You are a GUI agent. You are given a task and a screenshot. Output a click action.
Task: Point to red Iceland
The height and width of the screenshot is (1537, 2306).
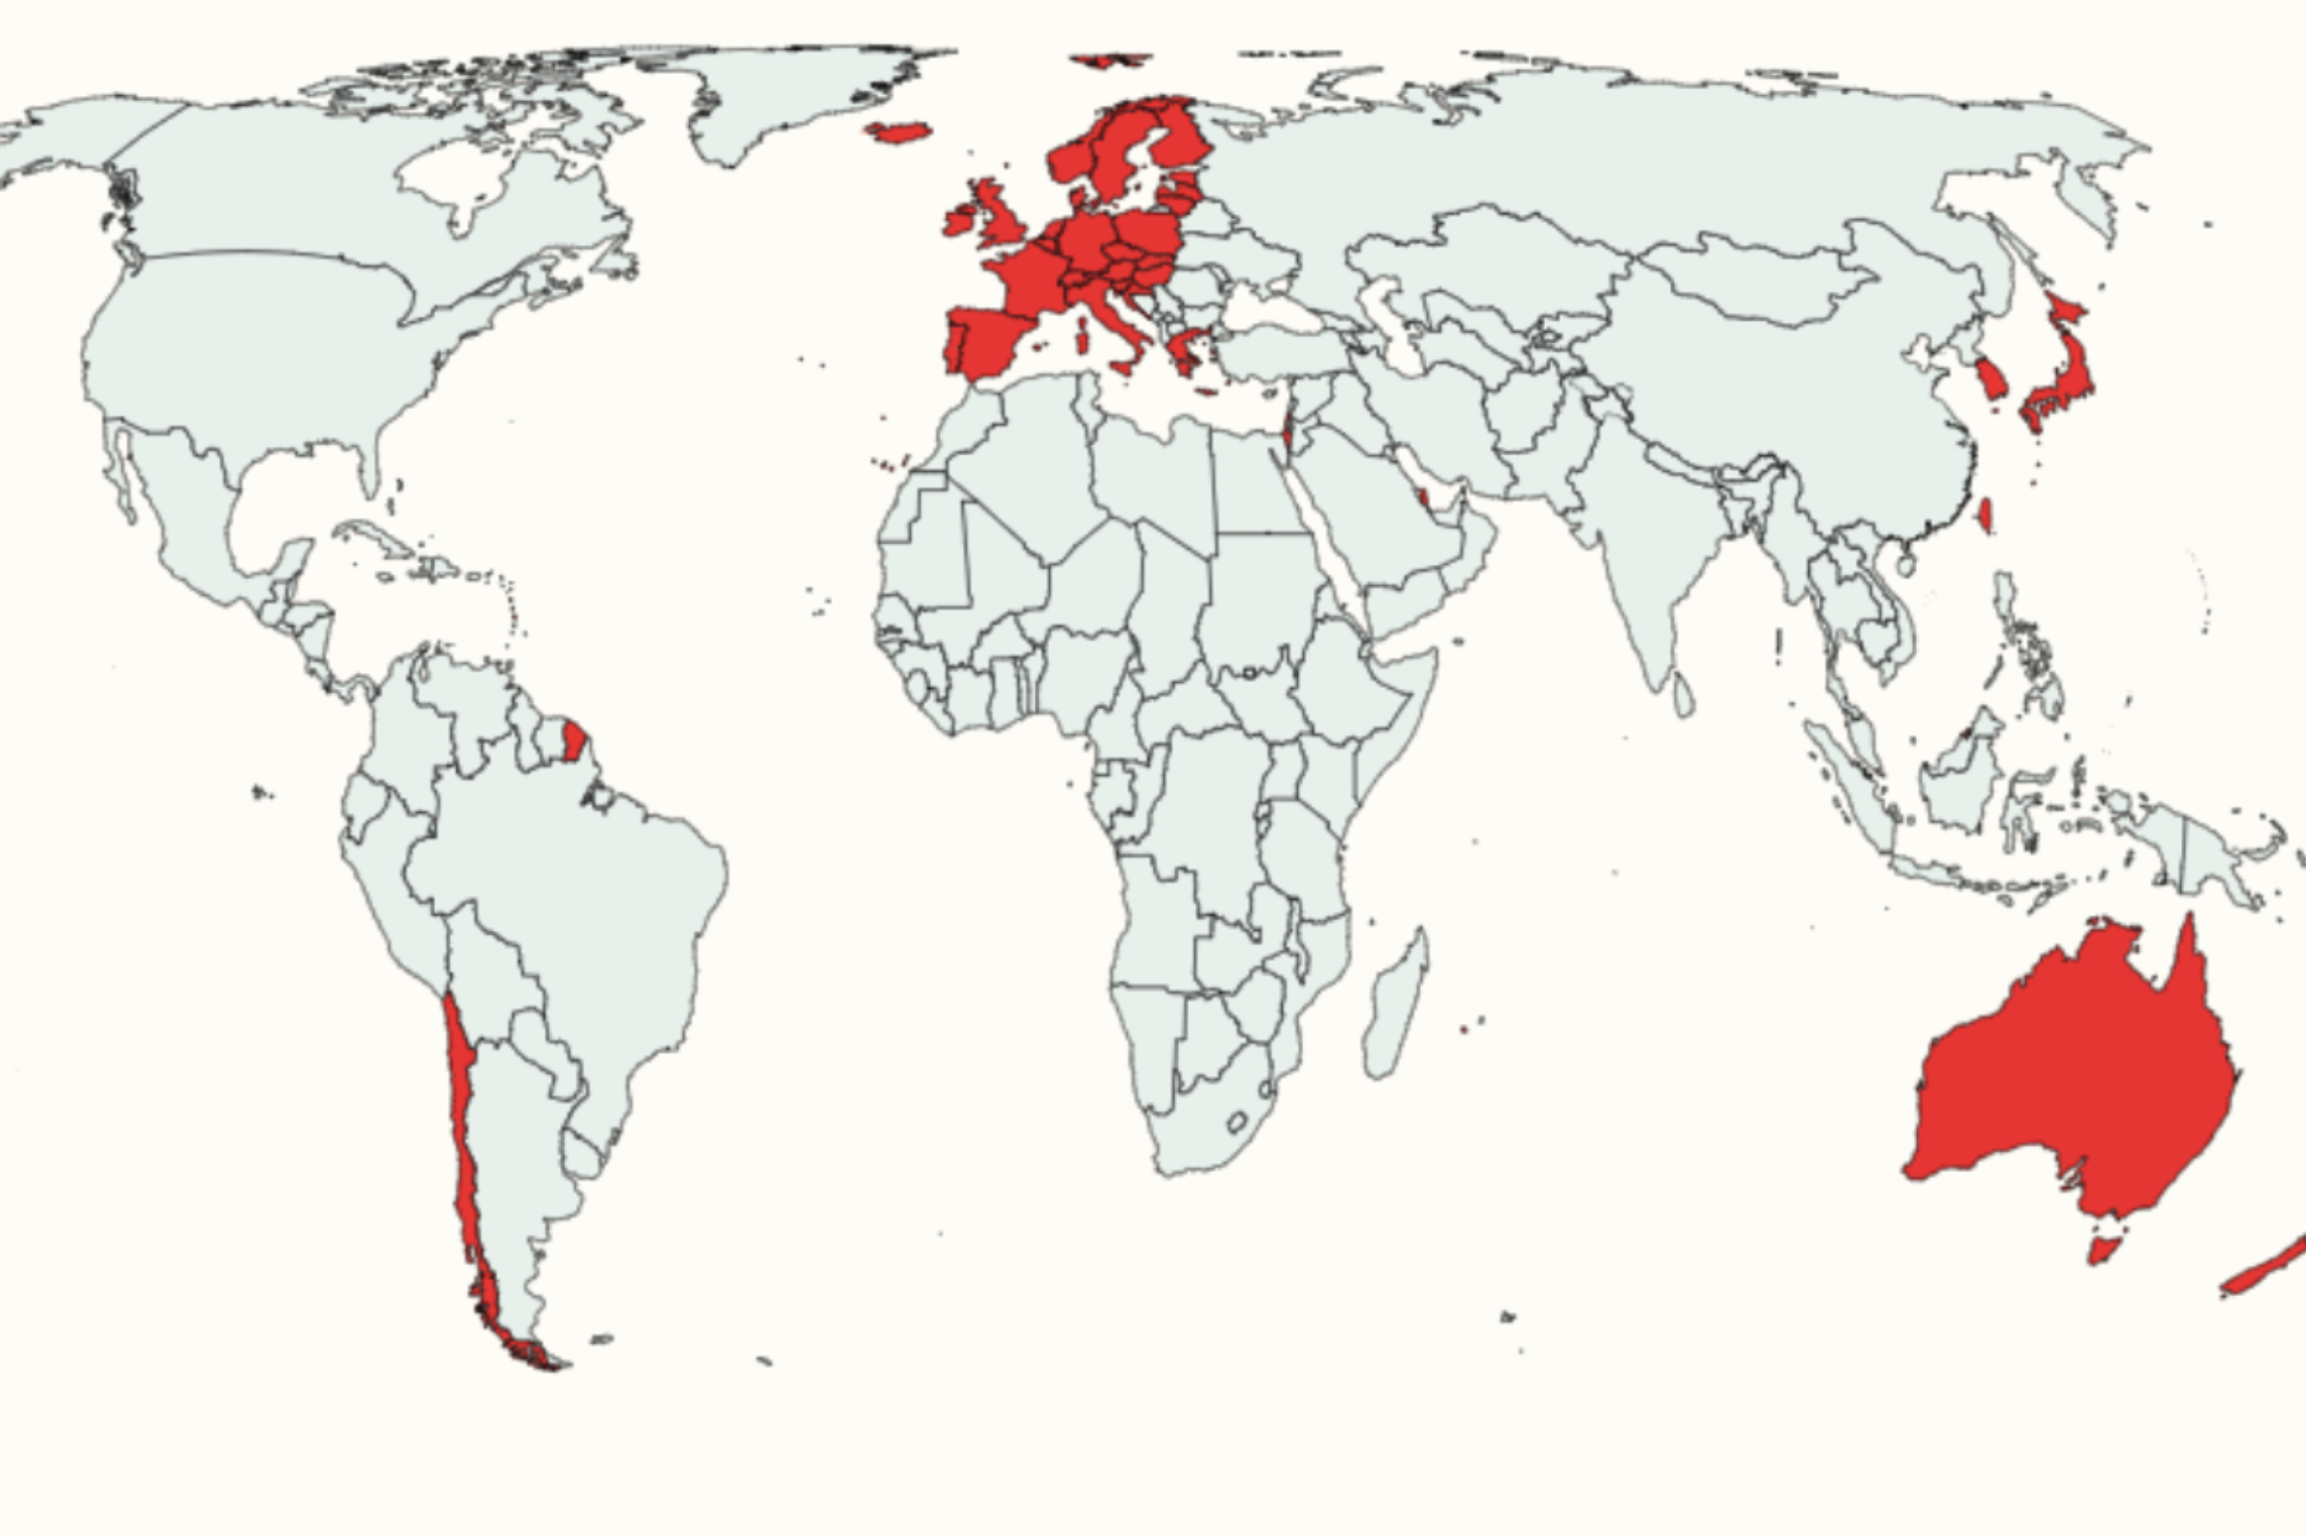click(898, 133)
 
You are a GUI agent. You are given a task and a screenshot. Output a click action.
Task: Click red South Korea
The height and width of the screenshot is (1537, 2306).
click(1990, 378)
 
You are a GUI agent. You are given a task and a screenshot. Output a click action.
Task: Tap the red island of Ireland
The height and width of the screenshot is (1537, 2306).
click(958, 222)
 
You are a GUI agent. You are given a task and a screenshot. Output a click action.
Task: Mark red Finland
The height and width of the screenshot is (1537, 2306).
click(1182, 142)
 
